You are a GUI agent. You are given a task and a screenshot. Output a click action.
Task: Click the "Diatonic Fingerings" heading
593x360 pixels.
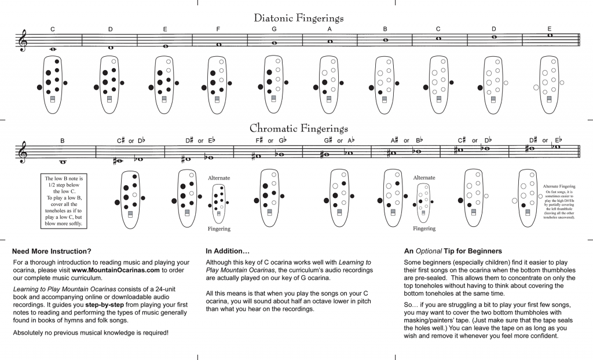pos(299,18)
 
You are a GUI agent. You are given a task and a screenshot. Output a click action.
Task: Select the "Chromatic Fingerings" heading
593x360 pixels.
pos(299,128)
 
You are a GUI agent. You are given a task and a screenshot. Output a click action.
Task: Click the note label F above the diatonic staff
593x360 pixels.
pos(218,29)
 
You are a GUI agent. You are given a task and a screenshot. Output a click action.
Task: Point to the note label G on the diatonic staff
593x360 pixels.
pos(273,29)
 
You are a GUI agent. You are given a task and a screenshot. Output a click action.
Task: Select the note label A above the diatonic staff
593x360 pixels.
pos(329,29)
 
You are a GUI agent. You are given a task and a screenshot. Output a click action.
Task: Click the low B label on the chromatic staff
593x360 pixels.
pos(63,141)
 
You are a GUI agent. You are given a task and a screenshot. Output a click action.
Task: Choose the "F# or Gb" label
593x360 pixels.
pos(271,140)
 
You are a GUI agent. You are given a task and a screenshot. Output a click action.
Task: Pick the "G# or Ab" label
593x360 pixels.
pos(339,140)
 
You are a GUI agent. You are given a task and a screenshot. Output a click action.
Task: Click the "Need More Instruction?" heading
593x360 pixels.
pos(52,251)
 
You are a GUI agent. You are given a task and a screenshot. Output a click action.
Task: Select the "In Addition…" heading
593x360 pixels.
pos(228,251)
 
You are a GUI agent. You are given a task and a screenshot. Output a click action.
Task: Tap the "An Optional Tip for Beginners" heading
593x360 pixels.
pos(452,251)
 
